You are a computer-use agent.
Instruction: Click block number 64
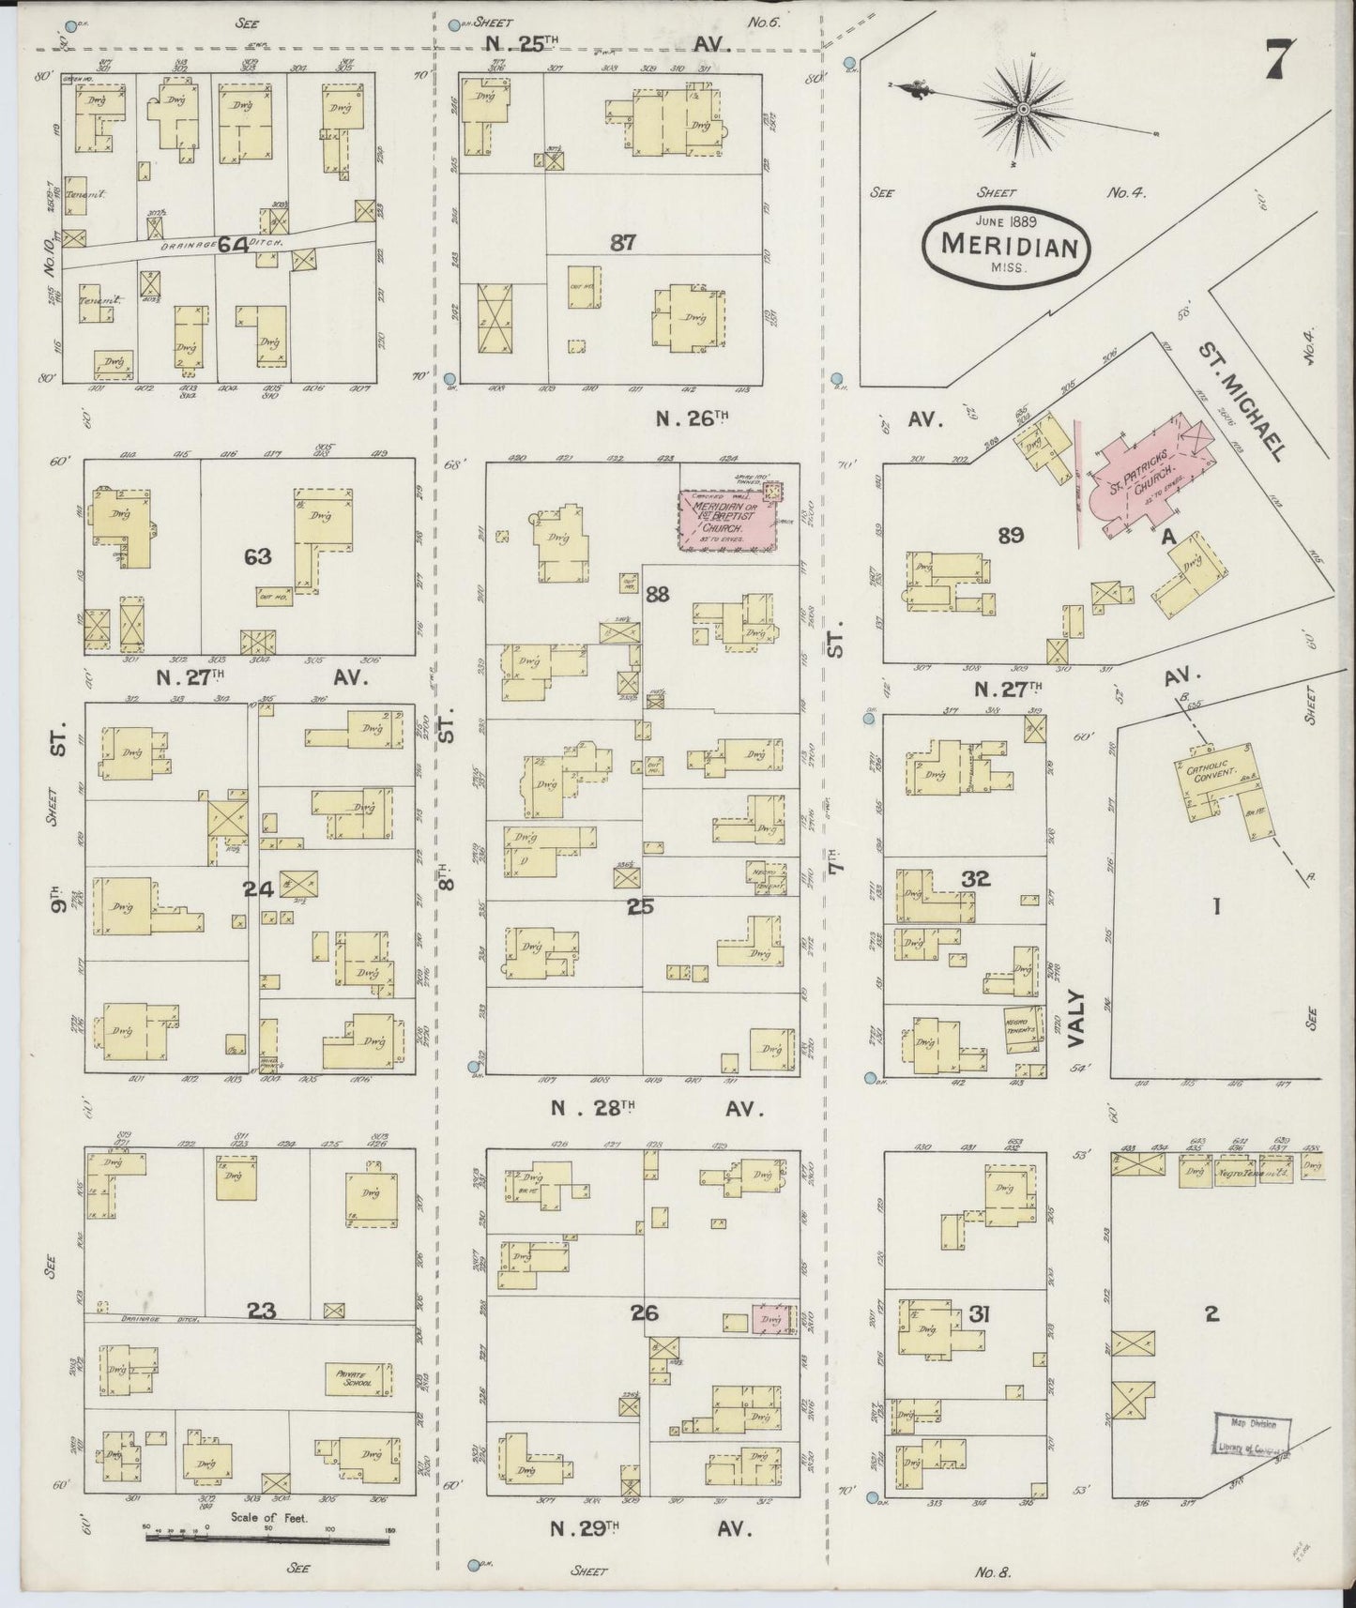(x=233, y=246)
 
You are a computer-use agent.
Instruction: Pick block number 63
(x=256, y=556)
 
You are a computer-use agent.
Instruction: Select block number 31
(x=979, y=1316)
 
